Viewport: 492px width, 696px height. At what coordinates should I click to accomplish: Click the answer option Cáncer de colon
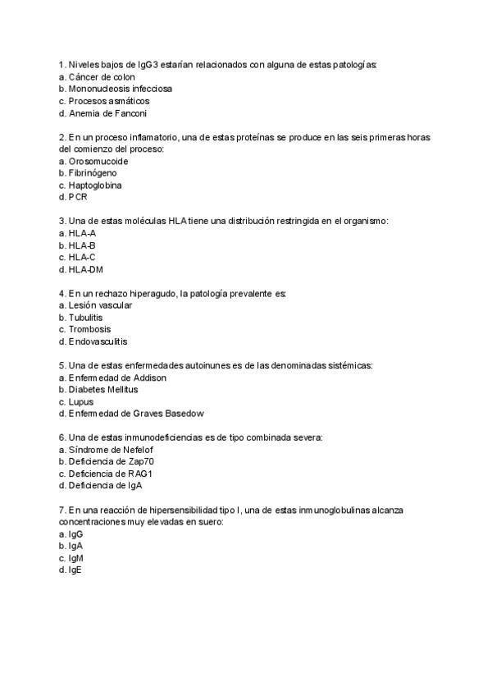pos(102,76)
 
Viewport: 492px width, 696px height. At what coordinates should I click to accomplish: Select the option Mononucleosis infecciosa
pos(120,89)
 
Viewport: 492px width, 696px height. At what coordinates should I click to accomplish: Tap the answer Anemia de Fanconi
pos(107,113)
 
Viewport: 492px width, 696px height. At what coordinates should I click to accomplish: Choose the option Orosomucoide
pos(98,162)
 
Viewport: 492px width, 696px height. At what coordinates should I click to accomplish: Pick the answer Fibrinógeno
pos(93,173)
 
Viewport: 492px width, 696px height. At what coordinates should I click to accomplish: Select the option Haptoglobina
pos(95,185)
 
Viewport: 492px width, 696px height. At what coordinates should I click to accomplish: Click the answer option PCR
pos(78,198)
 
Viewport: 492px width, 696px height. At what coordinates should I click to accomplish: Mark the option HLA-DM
pos(85,270)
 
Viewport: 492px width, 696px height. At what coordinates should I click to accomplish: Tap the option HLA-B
pos(82,245)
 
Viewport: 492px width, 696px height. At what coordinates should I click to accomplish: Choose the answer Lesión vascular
pos(100,305)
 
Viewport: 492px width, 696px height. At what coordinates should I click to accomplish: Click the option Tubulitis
pos(85,318)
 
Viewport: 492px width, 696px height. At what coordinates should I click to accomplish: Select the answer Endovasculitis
pos(98,341)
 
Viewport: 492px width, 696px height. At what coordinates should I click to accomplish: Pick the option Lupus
pos(81,402)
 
